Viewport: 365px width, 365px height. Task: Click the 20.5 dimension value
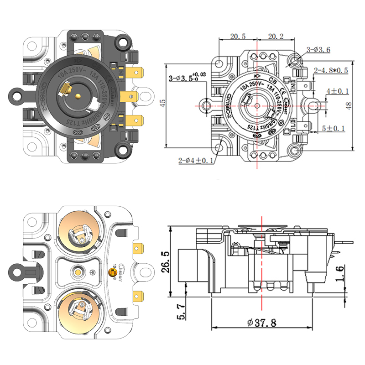[x=238, y=36]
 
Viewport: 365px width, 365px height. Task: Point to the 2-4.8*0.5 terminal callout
[x=331, y=71]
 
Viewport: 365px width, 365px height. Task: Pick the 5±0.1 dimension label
[x=334, y=129]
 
